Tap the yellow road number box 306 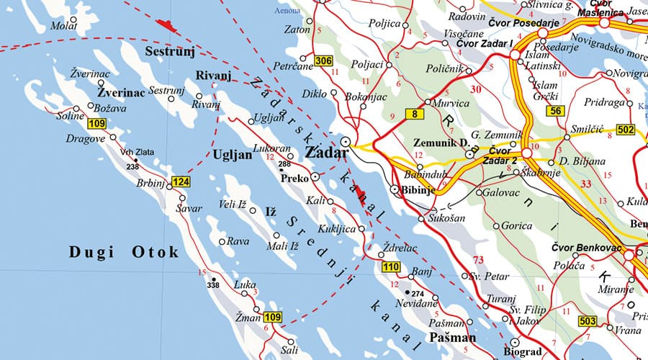point(324,61)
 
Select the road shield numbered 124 point(181,183)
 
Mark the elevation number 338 point(212,285)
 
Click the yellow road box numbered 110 point(390,268)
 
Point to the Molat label point(63,26)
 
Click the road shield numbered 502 point(626,130)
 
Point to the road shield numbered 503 point(588,320)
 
